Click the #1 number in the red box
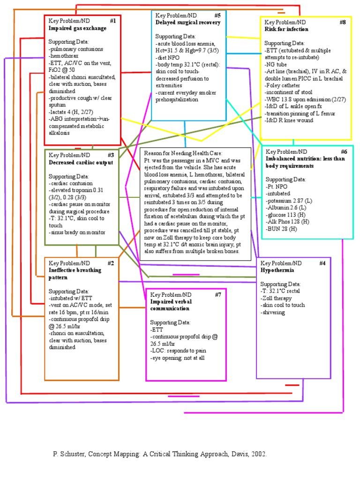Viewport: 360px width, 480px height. [113, 21]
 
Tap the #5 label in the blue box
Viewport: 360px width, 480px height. [217, 15]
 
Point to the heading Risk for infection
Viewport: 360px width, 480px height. [286, 29]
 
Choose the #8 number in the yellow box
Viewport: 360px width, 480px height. [343, 22]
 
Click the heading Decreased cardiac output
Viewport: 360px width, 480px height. [81, 162]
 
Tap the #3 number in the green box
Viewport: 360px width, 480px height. [111, 155]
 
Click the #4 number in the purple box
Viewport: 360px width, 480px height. [322, 263]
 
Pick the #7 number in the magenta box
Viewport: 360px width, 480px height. [218, 294]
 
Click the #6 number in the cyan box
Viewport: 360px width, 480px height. [344, 152]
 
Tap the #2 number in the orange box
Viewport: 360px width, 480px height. [111, 263]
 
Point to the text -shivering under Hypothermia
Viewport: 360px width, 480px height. [273, 312]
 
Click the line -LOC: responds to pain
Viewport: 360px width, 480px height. [179, 351]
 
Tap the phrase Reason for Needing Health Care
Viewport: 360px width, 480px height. [183, 153]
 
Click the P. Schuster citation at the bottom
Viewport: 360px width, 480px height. [159, 454]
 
